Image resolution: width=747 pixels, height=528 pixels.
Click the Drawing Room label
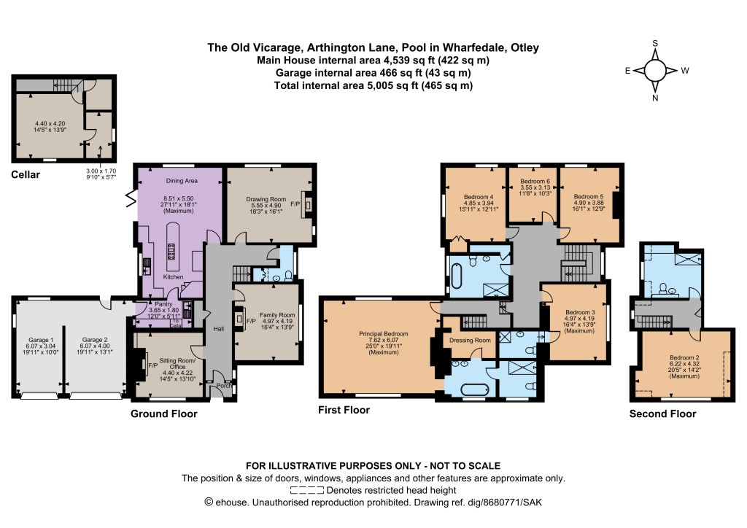pos(266,199)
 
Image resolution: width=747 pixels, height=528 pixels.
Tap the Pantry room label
pos(163,304)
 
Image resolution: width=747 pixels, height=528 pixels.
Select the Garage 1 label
pos(41,340)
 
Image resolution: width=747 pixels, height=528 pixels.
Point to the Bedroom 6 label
pos(535,182)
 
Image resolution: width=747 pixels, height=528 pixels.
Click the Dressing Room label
pos(470,340)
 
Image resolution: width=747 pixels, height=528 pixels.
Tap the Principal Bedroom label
pos(384,334)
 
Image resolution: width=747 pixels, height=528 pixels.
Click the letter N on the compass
pos(655,98)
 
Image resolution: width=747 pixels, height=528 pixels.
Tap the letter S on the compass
pos(655,43)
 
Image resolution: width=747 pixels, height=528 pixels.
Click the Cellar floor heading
pos(26,175)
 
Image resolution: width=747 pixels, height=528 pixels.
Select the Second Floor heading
pos(662,414)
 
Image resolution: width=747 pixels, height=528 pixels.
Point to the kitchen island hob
pos(171,250)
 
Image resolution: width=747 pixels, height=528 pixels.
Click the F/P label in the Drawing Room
pos(295,204)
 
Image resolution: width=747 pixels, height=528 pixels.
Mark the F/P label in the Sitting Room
pos(153,365)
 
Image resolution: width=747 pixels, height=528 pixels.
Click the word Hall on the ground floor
pos(219,329)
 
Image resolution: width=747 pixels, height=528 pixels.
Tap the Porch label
pos(224,386)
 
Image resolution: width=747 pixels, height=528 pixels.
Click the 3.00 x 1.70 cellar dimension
pos(101,171)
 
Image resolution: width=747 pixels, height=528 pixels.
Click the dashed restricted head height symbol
pos(307,490)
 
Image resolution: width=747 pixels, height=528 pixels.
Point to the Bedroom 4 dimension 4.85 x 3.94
pos(479,203)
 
